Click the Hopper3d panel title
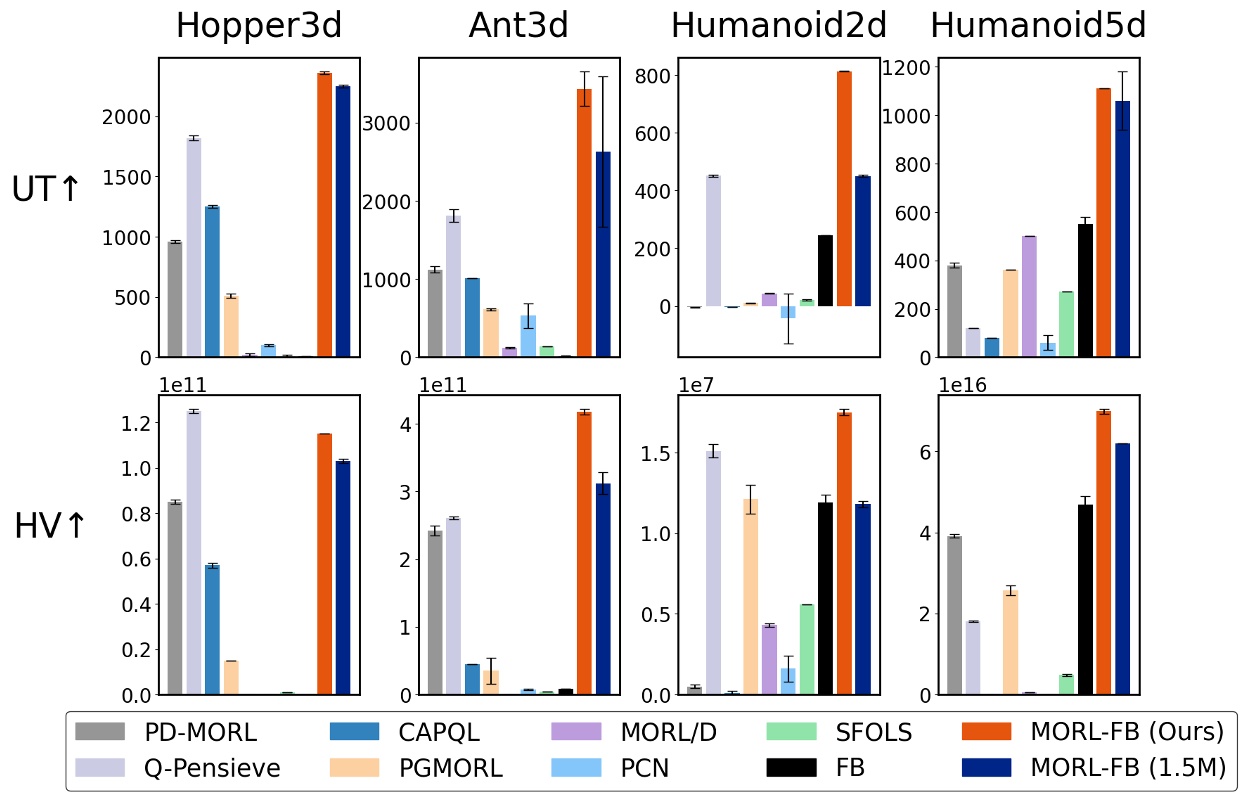tap(259, 26)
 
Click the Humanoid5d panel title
tap(1038, 26)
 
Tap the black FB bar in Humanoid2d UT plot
tap(825, 270)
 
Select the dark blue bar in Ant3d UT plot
tap(603, 254)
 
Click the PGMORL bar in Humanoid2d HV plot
tap(750, 596)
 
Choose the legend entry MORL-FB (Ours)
tap(1127, 732)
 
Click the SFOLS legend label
tap(874, 732)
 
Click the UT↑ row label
tap(46, 189)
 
